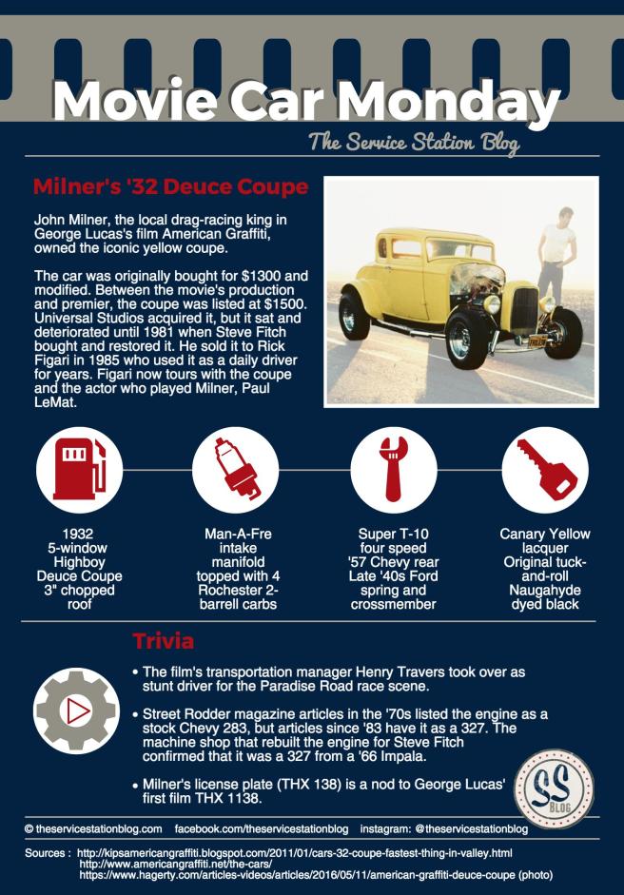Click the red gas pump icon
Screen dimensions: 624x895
click(x=80, y=469)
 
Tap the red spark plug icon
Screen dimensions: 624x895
click(x=237, y=470)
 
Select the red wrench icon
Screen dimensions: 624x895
click(x=394, y=469)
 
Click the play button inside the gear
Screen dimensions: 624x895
click(x=78, y=711)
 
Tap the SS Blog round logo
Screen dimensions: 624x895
click(x=554, y=788)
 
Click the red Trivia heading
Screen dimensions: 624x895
click(x=164, y=641)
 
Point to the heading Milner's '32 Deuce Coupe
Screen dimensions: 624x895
click(x=170, y=186)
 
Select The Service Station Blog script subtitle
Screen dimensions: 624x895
click(x=414, y=142)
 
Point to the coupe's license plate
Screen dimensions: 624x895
click(x=536, y=341)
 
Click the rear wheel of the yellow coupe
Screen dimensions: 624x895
click(x=354, y=316)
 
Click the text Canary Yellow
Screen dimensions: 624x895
click(x=545, y=534)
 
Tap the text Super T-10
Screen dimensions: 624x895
click(x=393, y=534)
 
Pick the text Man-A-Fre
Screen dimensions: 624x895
click(x=238, y=534)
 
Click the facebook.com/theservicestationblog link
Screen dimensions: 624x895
click(x=262, y=828)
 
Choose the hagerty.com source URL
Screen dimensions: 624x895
click(x=315, y=874)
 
